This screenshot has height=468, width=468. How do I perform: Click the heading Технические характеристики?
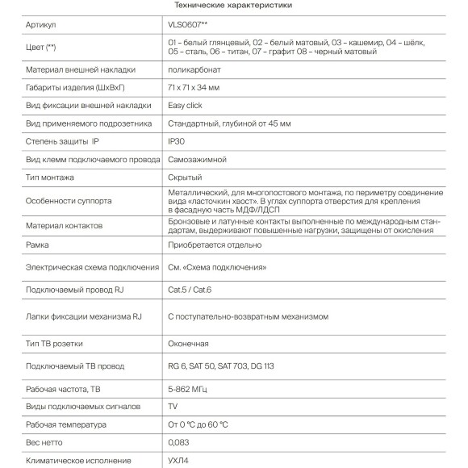click(234, 6)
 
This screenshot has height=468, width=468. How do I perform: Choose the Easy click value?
click(185, 105)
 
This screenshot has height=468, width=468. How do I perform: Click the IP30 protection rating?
click(176, 141)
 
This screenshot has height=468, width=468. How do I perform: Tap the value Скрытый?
click(184, 177)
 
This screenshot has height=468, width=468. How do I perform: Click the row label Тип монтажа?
click(50, 177)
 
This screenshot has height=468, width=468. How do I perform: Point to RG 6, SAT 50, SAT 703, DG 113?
click(223, 366)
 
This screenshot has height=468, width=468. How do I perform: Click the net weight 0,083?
click(178, 443)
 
